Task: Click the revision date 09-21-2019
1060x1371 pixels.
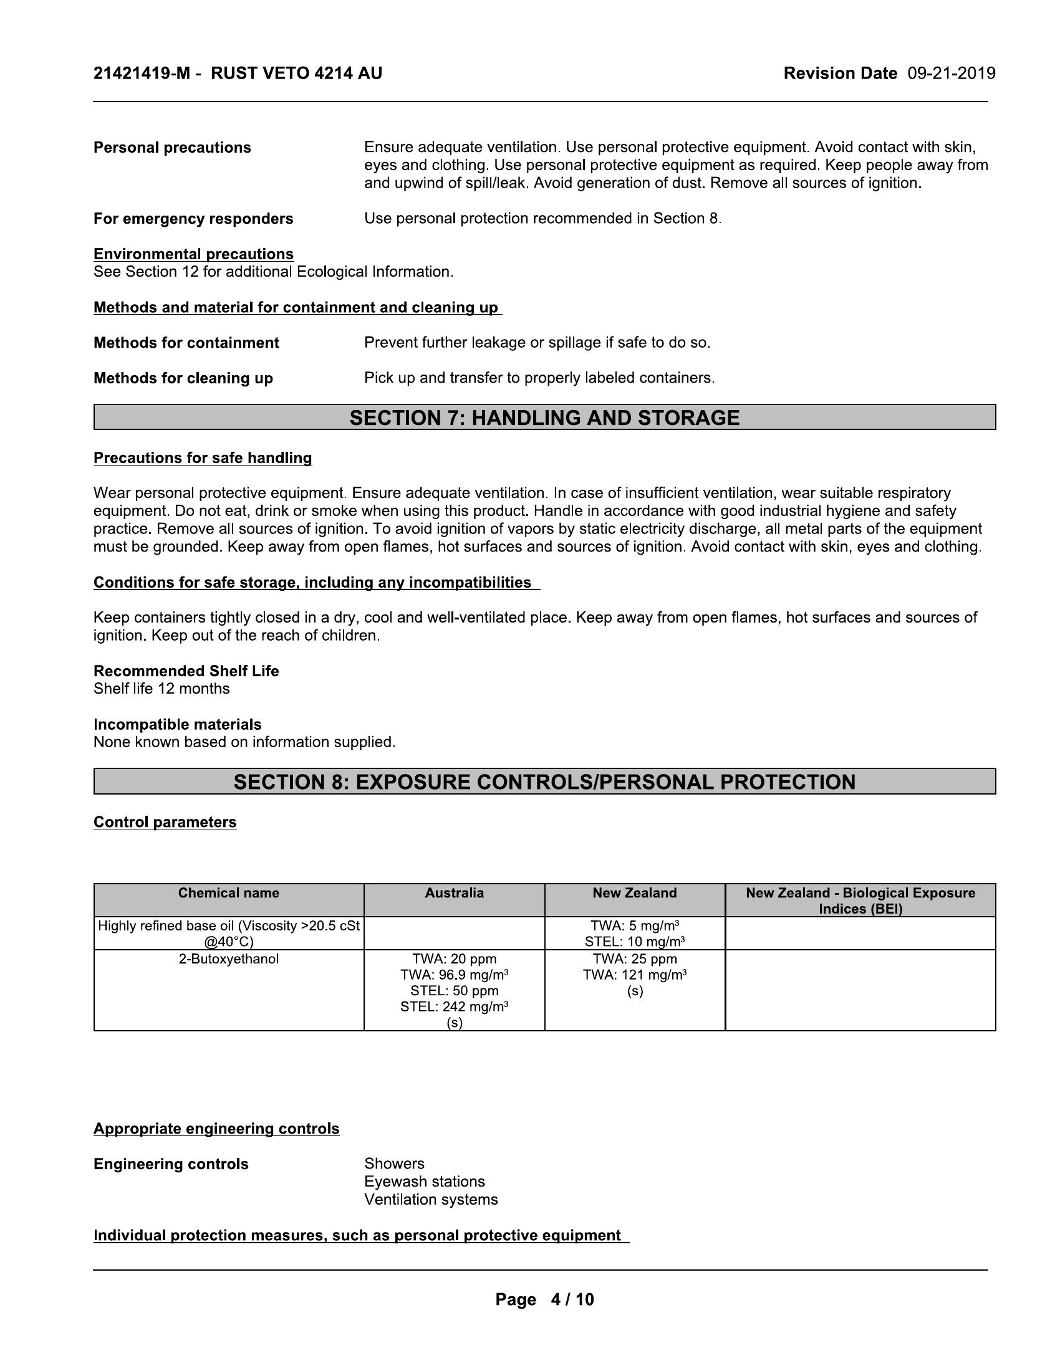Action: [x=951, y=74]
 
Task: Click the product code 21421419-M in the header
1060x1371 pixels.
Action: [x=142, y=74]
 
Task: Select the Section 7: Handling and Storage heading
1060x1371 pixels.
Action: [x=544, y=418]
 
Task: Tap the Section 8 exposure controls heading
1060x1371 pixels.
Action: [x=544, y=781]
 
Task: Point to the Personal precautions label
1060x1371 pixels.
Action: [x=172, y=148]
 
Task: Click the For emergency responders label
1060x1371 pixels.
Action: [x=193, y=219]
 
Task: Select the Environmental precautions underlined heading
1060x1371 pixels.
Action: [x=193, y=254]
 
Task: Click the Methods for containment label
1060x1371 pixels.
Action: [x=186, y=343]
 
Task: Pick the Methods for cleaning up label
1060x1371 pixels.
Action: [x=183, y=378]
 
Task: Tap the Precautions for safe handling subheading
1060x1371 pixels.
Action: [x=202, y=457]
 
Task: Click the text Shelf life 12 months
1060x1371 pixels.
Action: [x=161, y=689]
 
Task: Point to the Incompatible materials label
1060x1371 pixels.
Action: [x=177, y=724]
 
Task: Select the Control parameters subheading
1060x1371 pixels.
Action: [x=165, y=822]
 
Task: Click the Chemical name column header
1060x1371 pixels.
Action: [x=229, y=892]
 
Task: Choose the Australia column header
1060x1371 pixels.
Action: [x=454, y=892]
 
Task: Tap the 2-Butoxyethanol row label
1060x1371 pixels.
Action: [x=229, y=958]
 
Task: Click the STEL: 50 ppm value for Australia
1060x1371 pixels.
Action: [x=454, y=991]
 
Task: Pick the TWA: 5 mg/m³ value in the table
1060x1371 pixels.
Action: [x=635, y=925]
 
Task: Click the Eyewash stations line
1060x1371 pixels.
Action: [x=425, y=1182]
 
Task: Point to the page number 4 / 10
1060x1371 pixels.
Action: [x=571, y=1299]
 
